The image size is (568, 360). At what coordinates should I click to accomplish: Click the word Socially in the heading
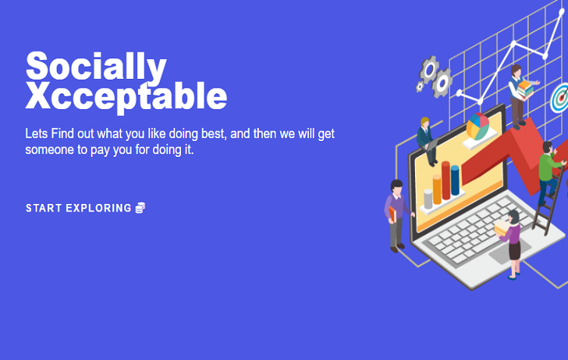coord(96,67)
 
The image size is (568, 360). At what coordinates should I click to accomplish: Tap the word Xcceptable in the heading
coord(126,96)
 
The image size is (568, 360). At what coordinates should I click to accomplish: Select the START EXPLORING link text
coord(79,208)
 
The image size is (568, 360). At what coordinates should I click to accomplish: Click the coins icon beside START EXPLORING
coord(140,208)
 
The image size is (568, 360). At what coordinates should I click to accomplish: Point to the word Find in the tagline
coord(63,134)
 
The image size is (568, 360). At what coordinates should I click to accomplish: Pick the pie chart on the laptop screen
coord(478,126)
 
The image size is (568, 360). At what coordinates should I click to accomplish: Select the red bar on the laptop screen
coord(446,180)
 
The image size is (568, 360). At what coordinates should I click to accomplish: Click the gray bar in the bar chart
coord(428,199)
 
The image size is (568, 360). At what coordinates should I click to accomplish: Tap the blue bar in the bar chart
coord(455,180)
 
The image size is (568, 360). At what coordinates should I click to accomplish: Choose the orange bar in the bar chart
coord(437,189)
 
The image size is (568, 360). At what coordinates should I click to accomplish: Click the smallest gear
coord(420,86)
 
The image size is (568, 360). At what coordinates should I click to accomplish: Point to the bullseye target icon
coord(560,98)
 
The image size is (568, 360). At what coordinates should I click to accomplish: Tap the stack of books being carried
coord(525,89)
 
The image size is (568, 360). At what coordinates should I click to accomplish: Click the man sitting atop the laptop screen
coord(427,142)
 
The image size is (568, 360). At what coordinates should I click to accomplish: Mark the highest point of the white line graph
coord(562,12)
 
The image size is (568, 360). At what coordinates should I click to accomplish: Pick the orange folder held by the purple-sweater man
coord(392,214)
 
